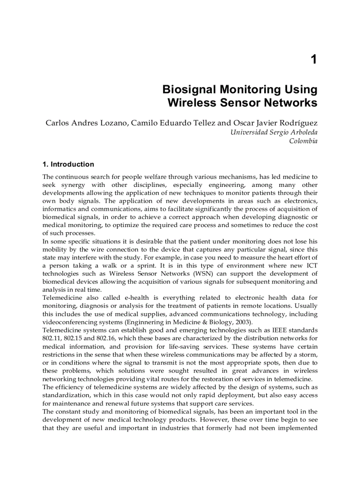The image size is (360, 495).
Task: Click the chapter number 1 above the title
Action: pos(313,60)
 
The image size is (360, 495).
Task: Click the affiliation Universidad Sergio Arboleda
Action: pos(274,132)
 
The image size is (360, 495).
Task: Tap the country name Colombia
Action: pos(303,141)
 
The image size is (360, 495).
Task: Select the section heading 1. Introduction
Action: pos(68,164)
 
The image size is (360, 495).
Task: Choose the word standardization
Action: pos(65,395)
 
